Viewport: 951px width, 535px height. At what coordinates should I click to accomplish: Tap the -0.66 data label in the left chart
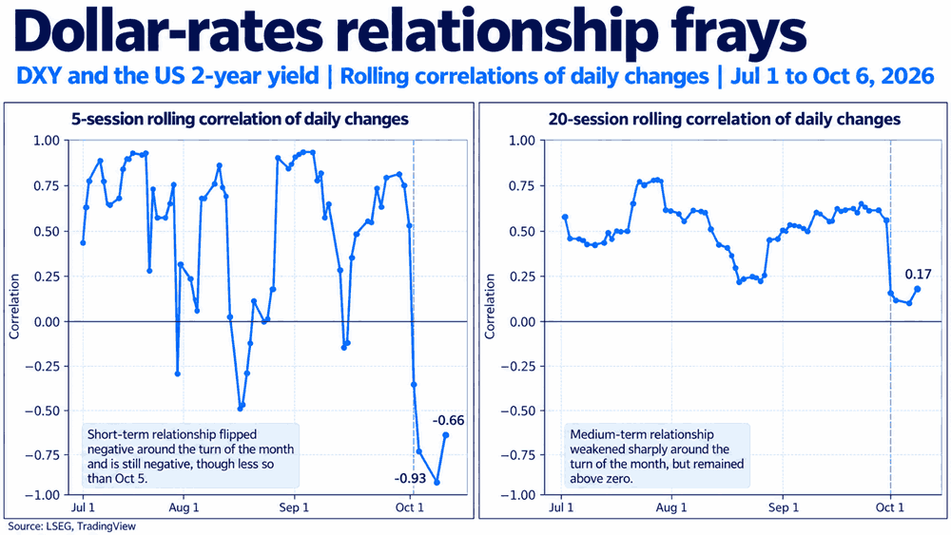tap(448, 420)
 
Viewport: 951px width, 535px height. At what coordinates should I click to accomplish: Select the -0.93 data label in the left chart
tap(410, 479)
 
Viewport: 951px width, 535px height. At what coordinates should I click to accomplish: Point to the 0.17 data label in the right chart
tap(918, 275)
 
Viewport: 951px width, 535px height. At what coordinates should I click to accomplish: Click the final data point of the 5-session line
tap(446, 435)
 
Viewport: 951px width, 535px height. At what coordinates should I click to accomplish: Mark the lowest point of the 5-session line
tap(437, 483)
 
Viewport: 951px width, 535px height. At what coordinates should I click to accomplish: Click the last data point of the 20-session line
tap(917, 289)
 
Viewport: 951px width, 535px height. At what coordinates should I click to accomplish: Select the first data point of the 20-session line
tap(565, 217)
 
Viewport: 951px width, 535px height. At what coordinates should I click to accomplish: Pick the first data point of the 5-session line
tap(83, 243)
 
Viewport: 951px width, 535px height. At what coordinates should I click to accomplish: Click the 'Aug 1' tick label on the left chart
tap(184, 507)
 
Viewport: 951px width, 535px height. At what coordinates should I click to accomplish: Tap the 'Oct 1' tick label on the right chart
tap(889, 507)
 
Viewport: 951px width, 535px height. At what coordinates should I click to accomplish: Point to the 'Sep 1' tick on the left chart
tap(294, 507)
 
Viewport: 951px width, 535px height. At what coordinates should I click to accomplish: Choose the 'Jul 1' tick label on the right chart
tap(561, 507)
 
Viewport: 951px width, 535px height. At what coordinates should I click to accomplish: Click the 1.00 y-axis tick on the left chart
tap(47, 141)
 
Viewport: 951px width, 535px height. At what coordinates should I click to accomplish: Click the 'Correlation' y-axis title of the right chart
tap(490, 307)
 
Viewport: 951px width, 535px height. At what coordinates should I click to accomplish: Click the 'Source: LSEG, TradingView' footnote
tap(71, 525)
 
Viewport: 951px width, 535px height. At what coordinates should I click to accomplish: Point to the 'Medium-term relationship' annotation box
tap(657, 456)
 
